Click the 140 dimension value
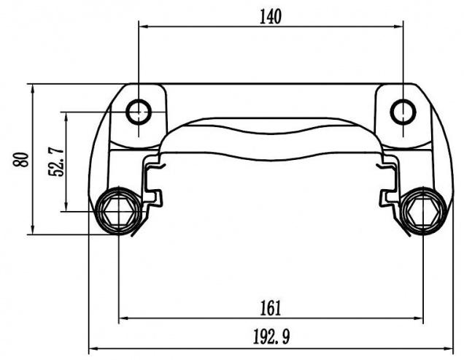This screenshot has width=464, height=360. [x=270, y=15]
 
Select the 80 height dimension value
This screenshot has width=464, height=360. [x=21, y=159]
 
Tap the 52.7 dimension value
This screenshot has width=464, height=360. [x=55, y=161]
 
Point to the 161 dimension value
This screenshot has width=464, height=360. [x=270, y=307]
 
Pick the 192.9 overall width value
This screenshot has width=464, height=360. [x=270, y=338]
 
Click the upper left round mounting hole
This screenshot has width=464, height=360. [x=138, y=112]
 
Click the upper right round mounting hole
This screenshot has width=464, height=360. [x=403, y=112]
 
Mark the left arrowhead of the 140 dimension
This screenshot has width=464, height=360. [x=143, y=26]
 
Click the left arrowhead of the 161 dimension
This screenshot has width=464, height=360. [x=123, y=318]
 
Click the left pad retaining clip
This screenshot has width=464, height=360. [x=153, y=183]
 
